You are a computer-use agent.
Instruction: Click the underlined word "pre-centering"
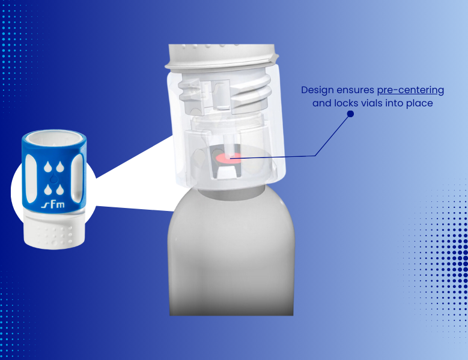[410, 90]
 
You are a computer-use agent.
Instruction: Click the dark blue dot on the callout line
[350, 114]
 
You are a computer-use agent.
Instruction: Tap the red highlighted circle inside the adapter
[229, 158]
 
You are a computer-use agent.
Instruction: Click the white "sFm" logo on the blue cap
[53, 204]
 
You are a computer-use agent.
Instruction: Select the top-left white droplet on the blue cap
[47, 167]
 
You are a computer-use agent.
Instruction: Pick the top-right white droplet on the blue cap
[60, 167]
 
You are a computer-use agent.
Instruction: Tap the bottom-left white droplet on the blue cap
[47, 189]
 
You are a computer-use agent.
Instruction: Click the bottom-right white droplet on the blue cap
[60, 189]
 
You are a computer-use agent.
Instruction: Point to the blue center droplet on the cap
[53, 178]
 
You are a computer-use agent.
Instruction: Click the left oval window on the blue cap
[31, 178]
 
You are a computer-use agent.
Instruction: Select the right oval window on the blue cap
[77, 178]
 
